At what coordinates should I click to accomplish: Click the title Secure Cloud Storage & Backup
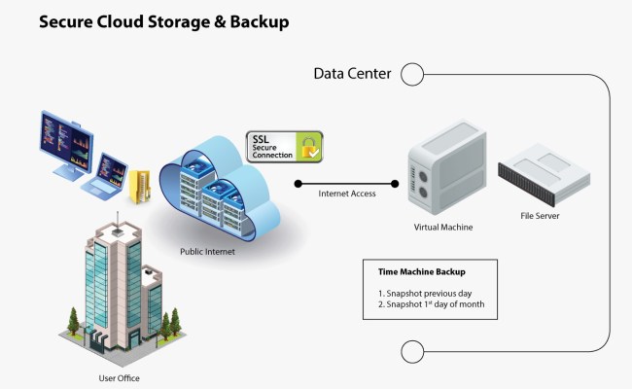click(x=163, y=21)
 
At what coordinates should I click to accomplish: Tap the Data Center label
click(x=352, y=74)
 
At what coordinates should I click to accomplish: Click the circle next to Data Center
click(x=412, y=74)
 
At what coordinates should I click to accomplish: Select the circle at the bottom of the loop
click(x=412, y=351)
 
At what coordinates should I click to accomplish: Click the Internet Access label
click(x=347, y=194)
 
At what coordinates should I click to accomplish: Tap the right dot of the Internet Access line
click(x=396, y=182)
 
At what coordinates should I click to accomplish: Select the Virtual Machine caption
click(x=442, y=227)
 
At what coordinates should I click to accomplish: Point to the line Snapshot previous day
click(x=426, y=293)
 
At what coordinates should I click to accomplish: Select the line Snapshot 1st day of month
click(x=439, y=305)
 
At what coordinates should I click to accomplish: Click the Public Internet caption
click(x=207, y=251)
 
